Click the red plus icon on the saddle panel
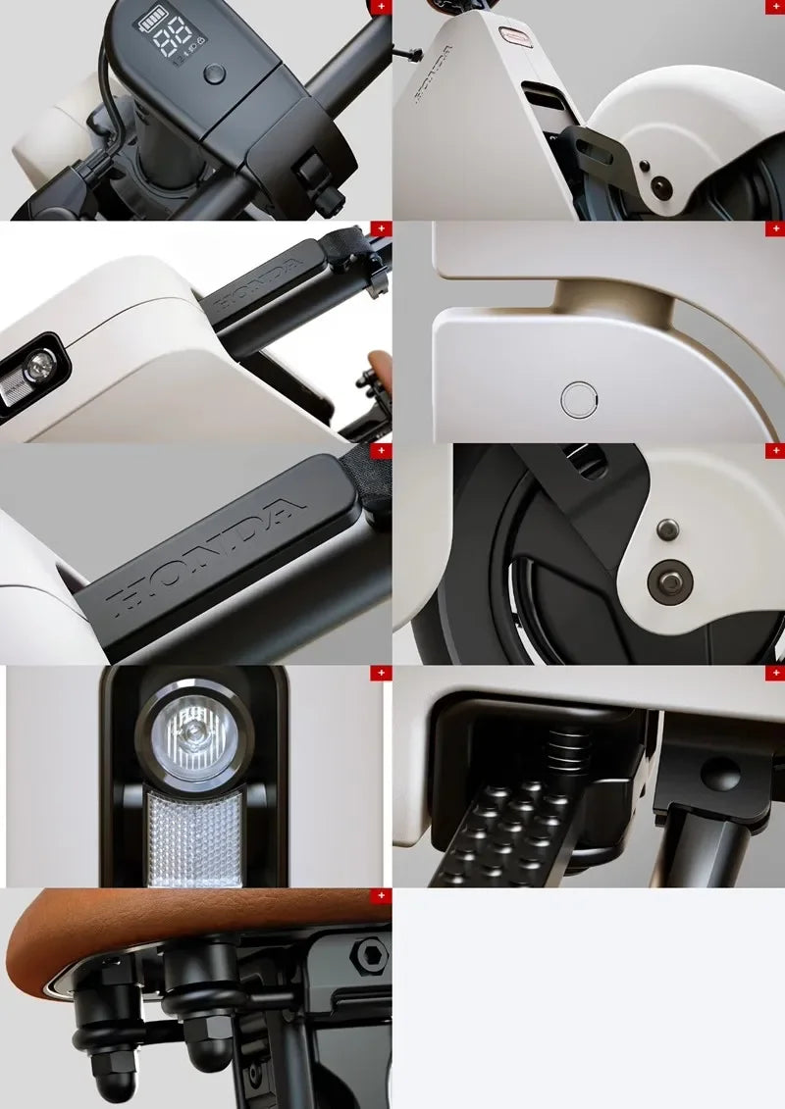pyautogui.click(x=381, y=895)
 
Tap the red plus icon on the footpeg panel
pyautogui.click(x=774, y=674)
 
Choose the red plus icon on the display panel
pyautogui.click(x=381, y=6)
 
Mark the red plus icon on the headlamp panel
pyautogui.click(x=381, y=674)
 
